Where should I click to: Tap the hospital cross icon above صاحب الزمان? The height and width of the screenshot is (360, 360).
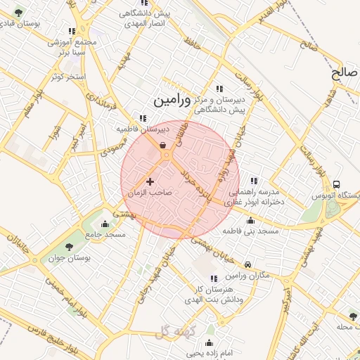click(x=150, y=182)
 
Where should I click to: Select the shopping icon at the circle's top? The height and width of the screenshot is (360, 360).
click(x=163, y=146)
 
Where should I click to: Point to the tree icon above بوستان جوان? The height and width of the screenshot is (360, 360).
click(x=69, y=246)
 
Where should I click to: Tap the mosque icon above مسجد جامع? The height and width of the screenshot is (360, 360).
click(x=105, y=224)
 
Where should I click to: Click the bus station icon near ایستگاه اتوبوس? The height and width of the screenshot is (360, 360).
click(x=337, y=184)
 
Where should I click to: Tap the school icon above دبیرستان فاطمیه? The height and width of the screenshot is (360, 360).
click(x=143, y=118)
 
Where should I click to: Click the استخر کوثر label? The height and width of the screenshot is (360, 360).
click(x=68, y=76)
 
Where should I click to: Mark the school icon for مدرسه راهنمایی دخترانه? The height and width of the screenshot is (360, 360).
click(x=254, y=180)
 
